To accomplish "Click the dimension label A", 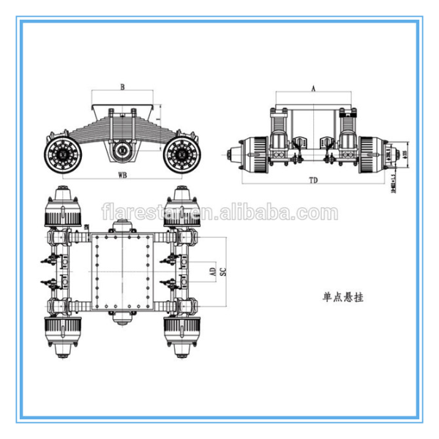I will pos(313,86).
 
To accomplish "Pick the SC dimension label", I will pos(224,270).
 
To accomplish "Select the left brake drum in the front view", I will pos(258,155).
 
